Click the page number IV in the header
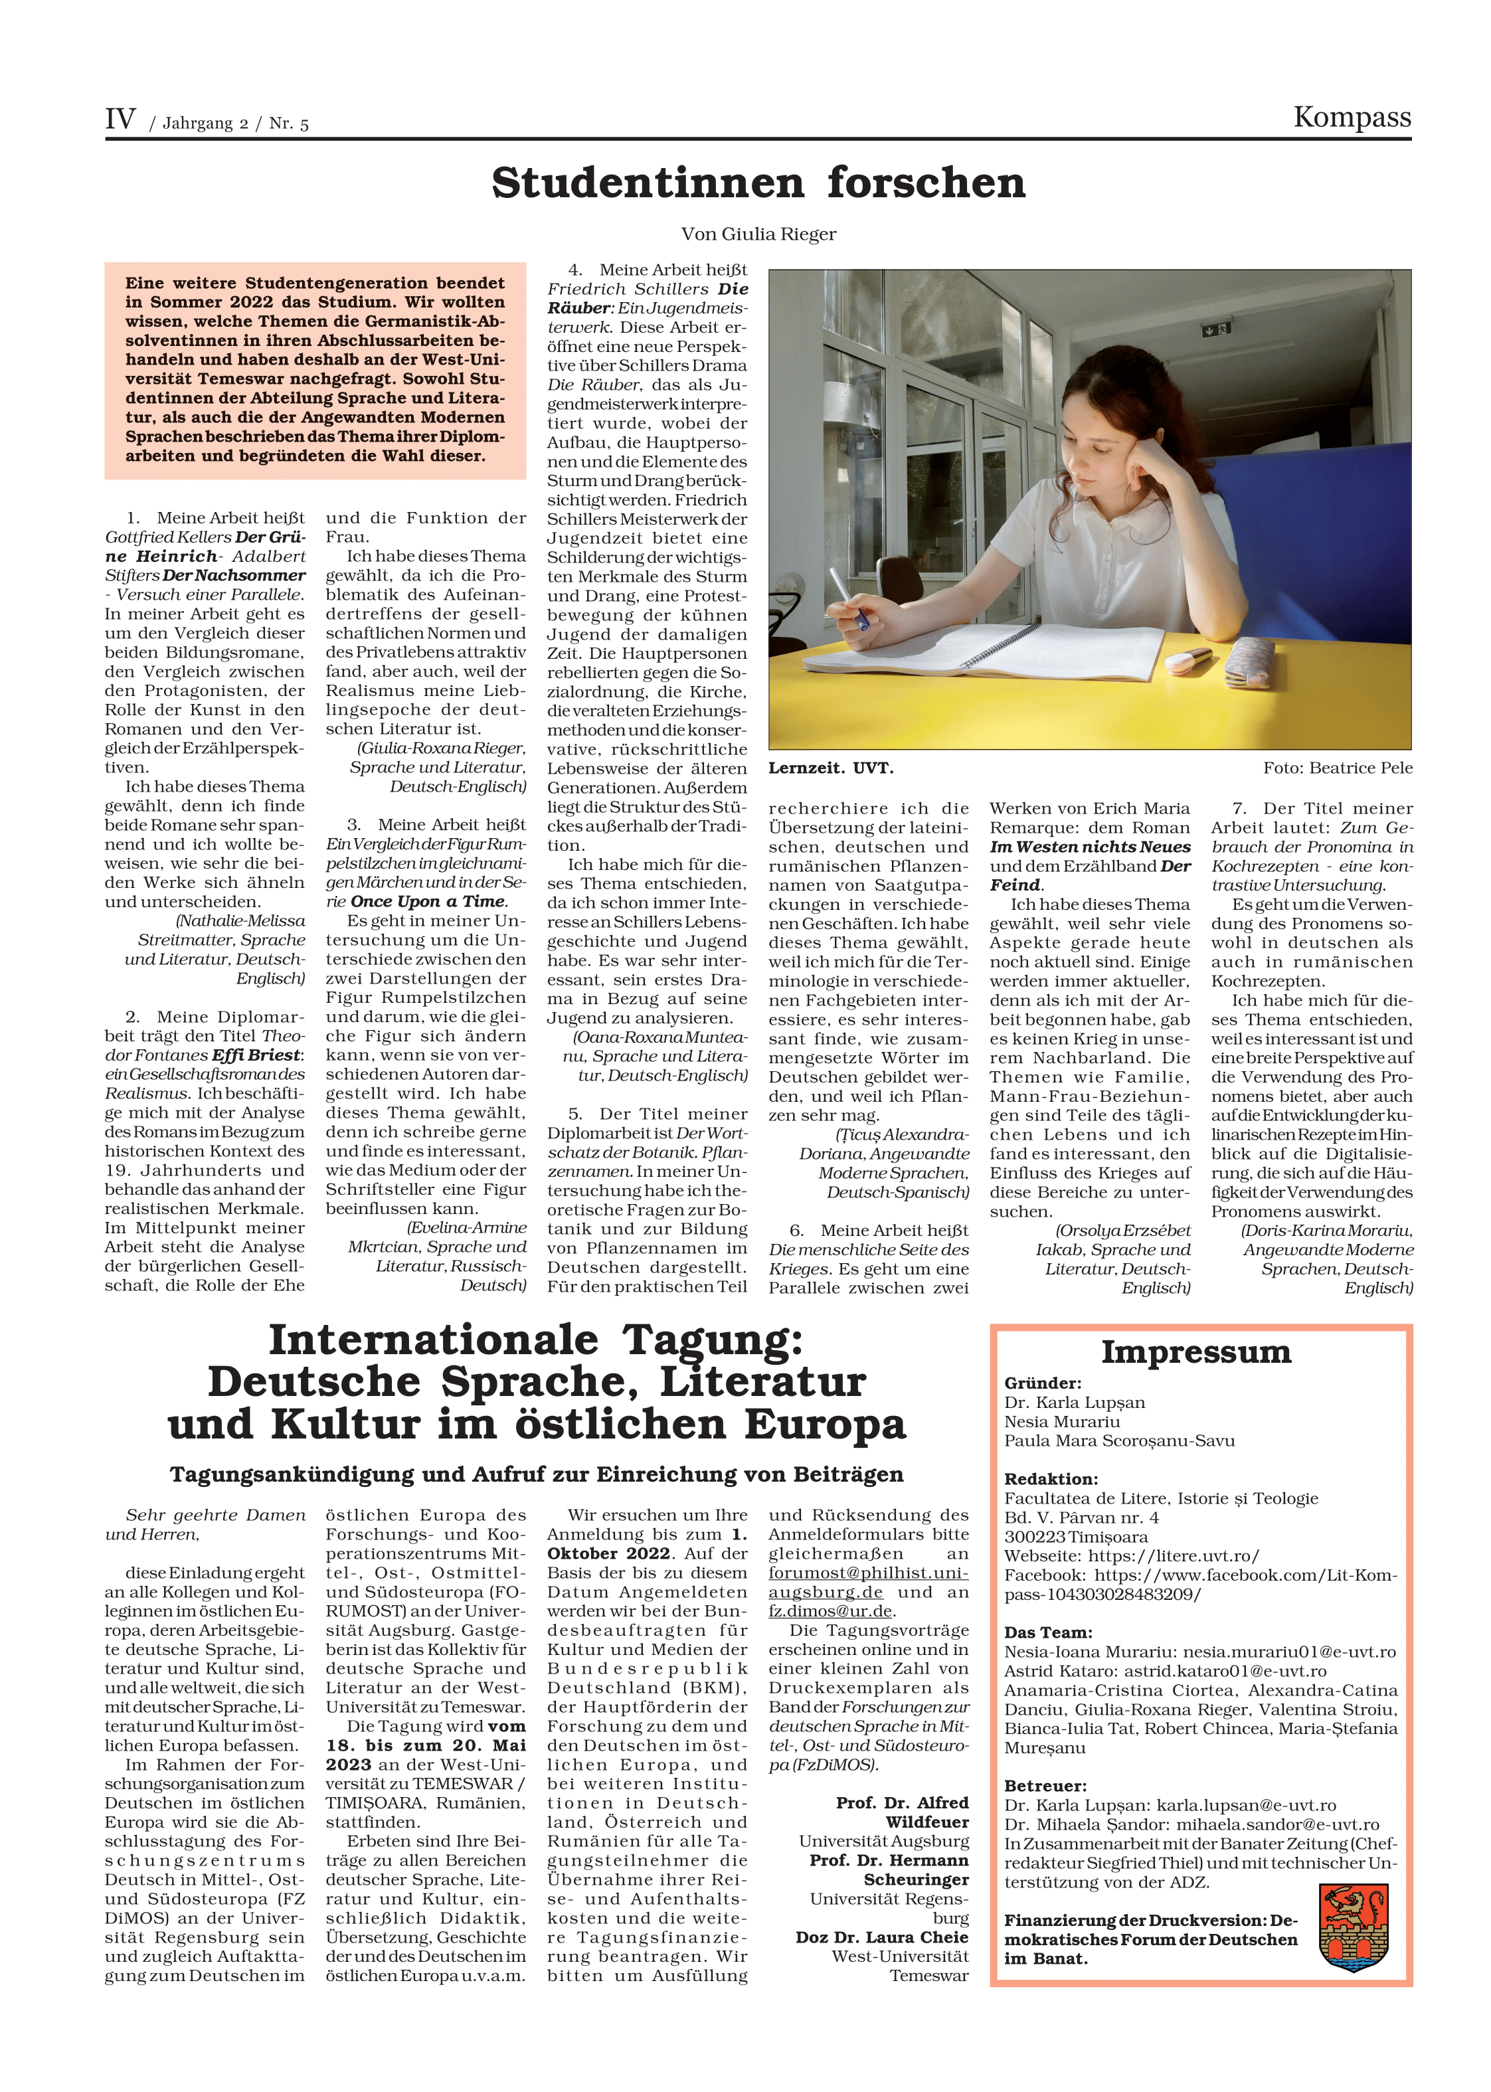click(x=120, y=120)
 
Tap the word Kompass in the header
click(x=1352, y=118)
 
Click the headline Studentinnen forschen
click(x=758, y=183)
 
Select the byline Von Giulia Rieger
click(x=758, y=234)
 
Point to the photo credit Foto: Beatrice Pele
click(x=1337, y=768)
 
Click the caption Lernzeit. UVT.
click(x=831, y=768)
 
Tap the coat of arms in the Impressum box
click(x=1352, y=1929)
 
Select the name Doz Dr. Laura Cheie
click(x=881, y=1938)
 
